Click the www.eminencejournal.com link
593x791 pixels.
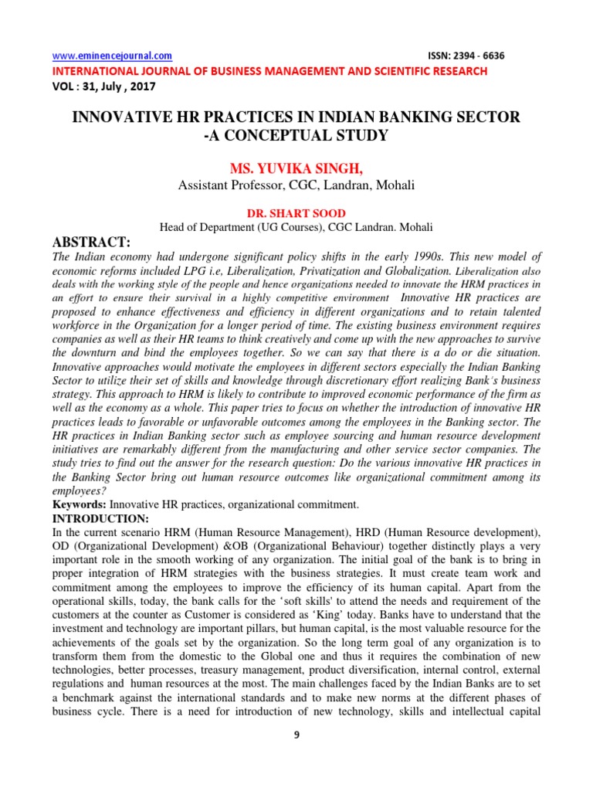pyautogui.click(x=112, y=56)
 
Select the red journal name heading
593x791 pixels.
pyautogui.click(x=269, y=71)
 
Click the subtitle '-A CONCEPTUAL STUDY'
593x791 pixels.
pyautogui.click(x=296, y=137)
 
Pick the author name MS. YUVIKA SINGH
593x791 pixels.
pyautogui.click(x=296, y=169)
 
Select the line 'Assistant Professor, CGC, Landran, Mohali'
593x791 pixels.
pyautogui.click(x=296, y=185)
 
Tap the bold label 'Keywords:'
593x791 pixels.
pyautogui.click(x=79, y=504)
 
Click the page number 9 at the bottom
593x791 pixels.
pyautogui.click(x=296, y=735)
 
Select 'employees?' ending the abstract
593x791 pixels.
pyautogui.click(x=77, y=491)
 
